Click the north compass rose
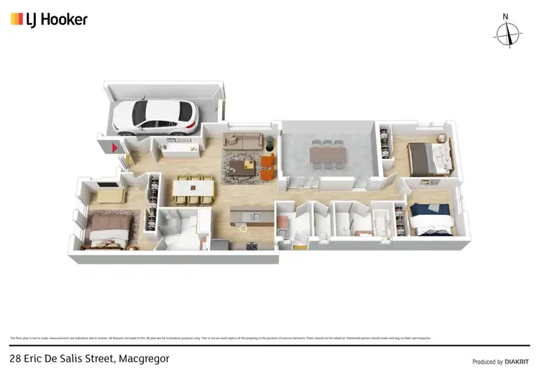[508, 32]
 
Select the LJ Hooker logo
[49, 19]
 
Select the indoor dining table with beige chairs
[193, 189]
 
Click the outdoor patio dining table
[328, 155]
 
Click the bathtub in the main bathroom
[382, 222]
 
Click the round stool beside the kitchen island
[244, 229]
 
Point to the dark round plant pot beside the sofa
[270, 141]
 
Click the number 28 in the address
[15, 358]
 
